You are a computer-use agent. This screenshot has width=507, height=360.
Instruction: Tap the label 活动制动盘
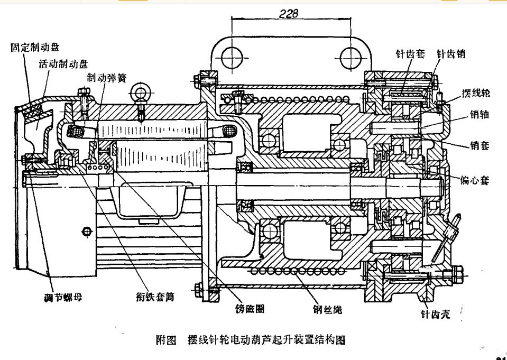(x=63, y=64)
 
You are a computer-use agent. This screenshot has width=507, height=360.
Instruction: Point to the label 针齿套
(x=411, y=54)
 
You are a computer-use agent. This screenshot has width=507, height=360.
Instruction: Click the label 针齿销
(x=451, y=54)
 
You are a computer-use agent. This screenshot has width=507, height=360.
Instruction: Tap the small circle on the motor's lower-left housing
(x=86, y=231)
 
